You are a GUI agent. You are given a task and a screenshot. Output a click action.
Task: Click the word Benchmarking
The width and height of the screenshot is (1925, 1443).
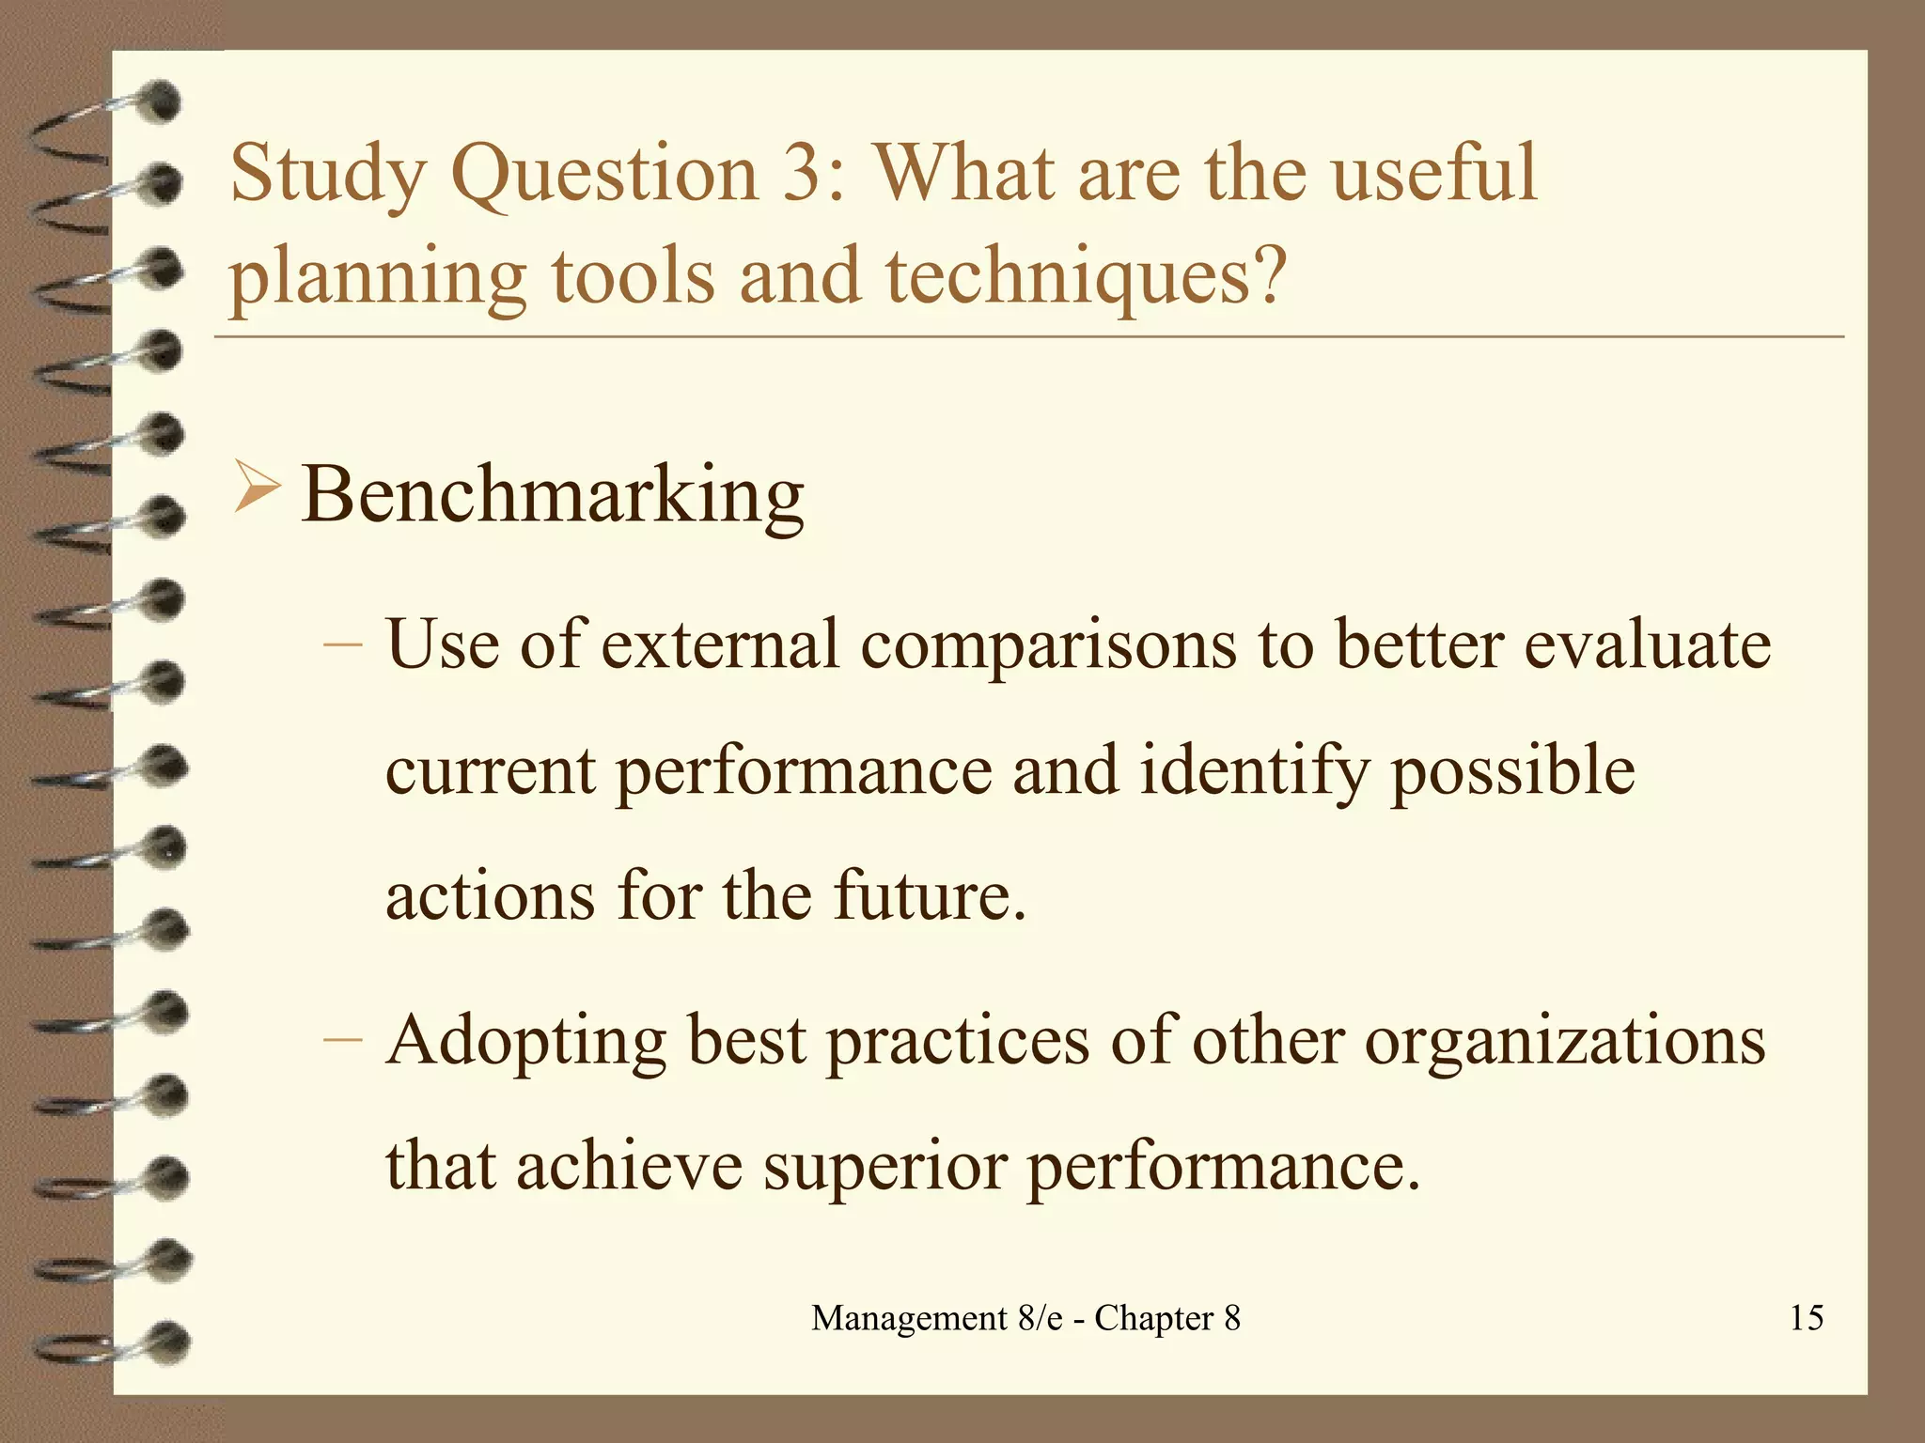[x=553, y=495]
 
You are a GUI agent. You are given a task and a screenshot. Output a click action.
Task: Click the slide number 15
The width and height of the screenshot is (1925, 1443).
[x=1806, y=1317]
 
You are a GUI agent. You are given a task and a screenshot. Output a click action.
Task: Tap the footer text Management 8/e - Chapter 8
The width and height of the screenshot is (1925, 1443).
[x=1025, y=1318]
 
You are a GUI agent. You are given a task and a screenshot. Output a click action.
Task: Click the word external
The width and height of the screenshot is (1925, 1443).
[x=720, y=645]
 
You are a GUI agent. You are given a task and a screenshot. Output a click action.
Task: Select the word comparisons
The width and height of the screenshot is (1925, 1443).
[x=1048, y=647]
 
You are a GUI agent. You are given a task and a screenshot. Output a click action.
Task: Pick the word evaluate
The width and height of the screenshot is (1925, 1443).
[x=1647, y=645]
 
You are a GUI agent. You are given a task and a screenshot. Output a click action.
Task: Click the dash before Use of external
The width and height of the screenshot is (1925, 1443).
[x=342, y=645]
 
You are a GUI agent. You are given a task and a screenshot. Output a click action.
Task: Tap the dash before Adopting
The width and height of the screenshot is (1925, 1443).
[x=342, y=1040]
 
